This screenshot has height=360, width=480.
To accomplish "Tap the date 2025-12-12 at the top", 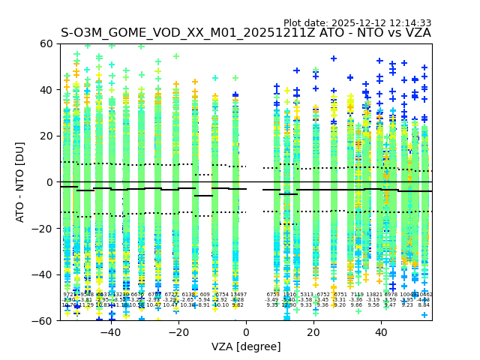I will click(x=360, y=23).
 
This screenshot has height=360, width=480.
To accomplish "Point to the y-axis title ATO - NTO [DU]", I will click(x=20, y=182).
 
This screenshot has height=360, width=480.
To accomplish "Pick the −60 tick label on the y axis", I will click(x=43, y=320).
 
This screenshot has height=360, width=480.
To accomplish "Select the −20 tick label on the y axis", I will click(x=43, y=228).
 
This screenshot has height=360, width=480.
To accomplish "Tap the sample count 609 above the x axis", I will click(x=205, y=295).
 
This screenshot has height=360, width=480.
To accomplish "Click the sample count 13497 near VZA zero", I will click(x=238, y=295).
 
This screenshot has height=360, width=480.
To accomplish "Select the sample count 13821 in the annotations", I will click(x=373, y=295).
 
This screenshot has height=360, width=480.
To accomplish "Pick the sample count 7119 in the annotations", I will click(x=356, y=295).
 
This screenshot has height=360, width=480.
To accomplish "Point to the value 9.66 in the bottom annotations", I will click(x=356, y=305).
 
